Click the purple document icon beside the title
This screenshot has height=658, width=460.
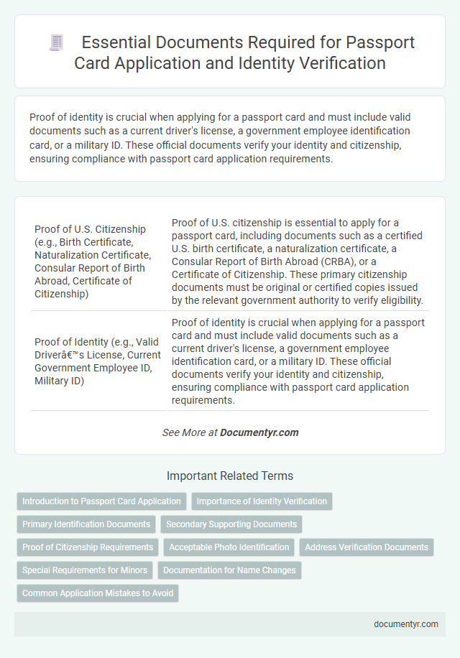pos(56,42)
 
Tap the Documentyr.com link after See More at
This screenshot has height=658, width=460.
pos(259,432)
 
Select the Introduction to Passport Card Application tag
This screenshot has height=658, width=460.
pos(101,501)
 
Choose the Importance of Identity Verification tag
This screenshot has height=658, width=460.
pos(262,501)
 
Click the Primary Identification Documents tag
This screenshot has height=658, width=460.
pos(86,524)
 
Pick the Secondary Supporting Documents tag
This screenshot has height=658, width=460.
pos(231,524)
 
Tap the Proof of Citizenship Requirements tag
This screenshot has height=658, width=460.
pos(88,547)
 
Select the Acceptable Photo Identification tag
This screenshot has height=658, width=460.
pos(229,547)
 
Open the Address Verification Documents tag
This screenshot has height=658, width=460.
pos(367,547)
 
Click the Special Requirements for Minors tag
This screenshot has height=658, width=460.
pos(85,570)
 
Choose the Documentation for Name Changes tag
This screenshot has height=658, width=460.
pos(229,570)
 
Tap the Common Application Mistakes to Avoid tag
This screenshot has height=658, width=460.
pos(97,593)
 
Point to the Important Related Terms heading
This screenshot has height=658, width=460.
pos(230,476)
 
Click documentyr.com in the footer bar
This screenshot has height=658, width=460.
pos(406,624)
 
